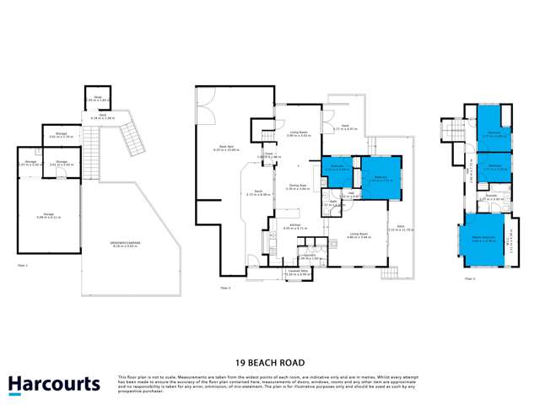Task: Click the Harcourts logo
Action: click(54, 385)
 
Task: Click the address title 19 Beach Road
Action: click(270, 358)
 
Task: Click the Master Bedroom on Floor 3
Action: click(483, 239)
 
